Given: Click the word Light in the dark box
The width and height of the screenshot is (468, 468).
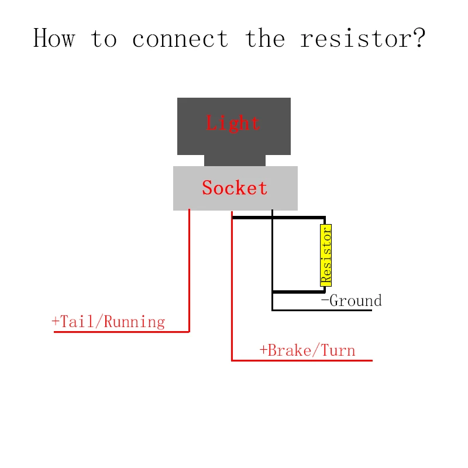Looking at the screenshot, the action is (233, 123).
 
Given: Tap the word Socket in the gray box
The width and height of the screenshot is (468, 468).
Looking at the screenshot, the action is (235, 188).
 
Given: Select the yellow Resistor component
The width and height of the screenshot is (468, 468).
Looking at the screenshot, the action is (326, 255).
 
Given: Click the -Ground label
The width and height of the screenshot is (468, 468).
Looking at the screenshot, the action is (352, 300).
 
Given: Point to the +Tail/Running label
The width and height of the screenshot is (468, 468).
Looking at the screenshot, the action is (108, 322).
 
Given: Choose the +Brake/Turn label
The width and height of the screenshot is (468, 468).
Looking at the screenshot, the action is (308, 350).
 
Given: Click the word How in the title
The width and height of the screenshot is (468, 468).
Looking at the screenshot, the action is (54, 38).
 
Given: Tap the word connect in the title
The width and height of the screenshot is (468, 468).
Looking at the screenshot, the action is (180, 39).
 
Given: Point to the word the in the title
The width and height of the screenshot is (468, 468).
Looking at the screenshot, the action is (265, 38).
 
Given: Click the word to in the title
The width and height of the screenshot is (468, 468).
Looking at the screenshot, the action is (104, 39).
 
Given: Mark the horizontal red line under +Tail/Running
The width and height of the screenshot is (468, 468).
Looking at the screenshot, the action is (122, 332).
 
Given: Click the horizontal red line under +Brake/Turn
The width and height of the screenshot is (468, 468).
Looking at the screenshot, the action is (302, 360).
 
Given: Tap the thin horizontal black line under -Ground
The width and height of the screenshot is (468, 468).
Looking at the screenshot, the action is (322, 311).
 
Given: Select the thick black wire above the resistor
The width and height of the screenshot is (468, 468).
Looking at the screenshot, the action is (279, 218).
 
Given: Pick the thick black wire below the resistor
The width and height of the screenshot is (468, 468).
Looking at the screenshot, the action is (299, 291).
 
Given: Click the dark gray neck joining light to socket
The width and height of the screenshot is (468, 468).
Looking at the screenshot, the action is (235, 160).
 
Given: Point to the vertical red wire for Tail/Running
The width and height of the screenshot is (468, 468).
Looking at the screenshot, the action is (189, 270).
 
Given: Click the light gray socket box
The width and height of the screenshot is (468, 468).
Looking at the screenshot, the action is (235, 188).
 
